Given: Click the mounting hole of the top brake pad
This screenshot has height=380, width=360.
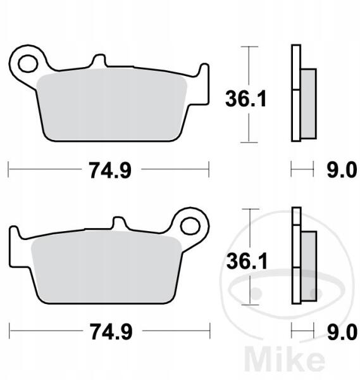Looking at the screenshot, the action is point(28,64).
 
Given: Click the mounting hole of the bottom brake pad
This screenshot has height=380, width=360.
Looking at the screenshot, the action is point(190,226).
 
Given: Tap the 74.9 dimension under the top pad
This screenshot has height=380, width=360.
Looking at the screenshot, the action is point(111,170).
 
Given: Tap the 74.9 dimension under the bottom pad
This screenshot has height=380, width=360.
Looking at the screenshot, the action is point(111,332).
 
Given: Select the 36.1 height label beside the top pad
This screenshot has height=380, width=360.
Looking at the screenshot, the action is point(245,98).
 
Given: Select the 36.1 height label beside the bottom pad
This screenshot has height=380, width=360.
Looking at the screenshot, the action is point(247,261).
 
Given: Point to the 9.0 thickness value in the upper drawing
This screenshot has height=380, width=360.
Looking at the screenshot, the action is point(342,170).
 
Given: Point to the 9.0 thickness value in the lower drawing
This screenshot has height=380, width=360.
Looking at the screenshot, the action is point(342,332).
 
